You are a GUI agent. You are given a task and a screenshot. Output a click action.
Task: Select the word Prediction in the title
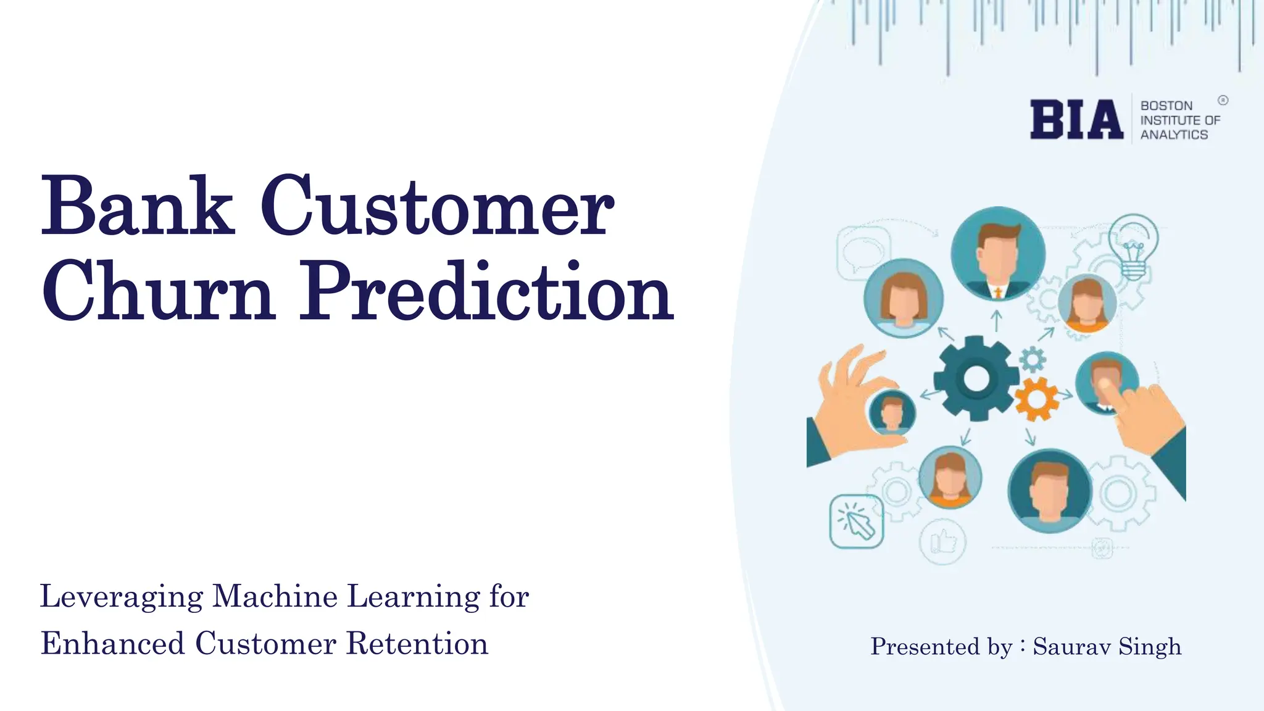tap(486, 291)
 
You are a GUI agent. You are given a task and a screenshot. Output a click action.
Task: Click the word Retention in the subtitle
tap(417, 644)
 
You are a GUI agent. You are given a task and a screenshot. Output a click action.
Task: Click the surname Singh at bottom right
tap(1150, 646)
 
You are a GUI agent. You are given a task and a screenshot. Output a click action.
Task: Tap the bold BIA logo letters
tap(1076, 120)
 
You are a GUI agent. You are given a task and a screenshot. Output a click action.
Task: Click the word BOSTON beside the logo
tap(1166, 106)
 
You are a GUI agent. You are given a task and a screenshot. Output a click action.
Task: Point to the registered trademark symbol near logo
tap(1223, 100)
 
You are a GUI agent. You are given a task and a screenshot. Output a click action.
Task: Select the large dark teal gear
tap(976, 378)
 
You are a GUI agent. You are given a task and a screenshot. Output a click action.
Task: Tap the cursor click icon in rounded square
tap(856, 522)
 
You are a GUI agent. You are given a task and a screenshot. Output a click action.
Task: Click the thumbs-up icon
tap(942, 542)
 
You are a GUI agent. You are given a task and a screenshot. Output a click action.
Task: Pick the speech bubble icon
tap(863, 251)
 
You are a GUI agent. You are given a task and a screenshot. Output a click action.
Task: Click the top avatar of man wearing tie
tap(997, 254)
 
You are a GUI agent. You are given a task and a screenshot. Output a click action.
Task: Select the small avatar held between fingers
tap(891, 412)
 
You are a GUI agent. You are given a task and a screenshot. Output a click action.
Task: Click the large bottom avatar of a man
tap(1049, 491)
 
